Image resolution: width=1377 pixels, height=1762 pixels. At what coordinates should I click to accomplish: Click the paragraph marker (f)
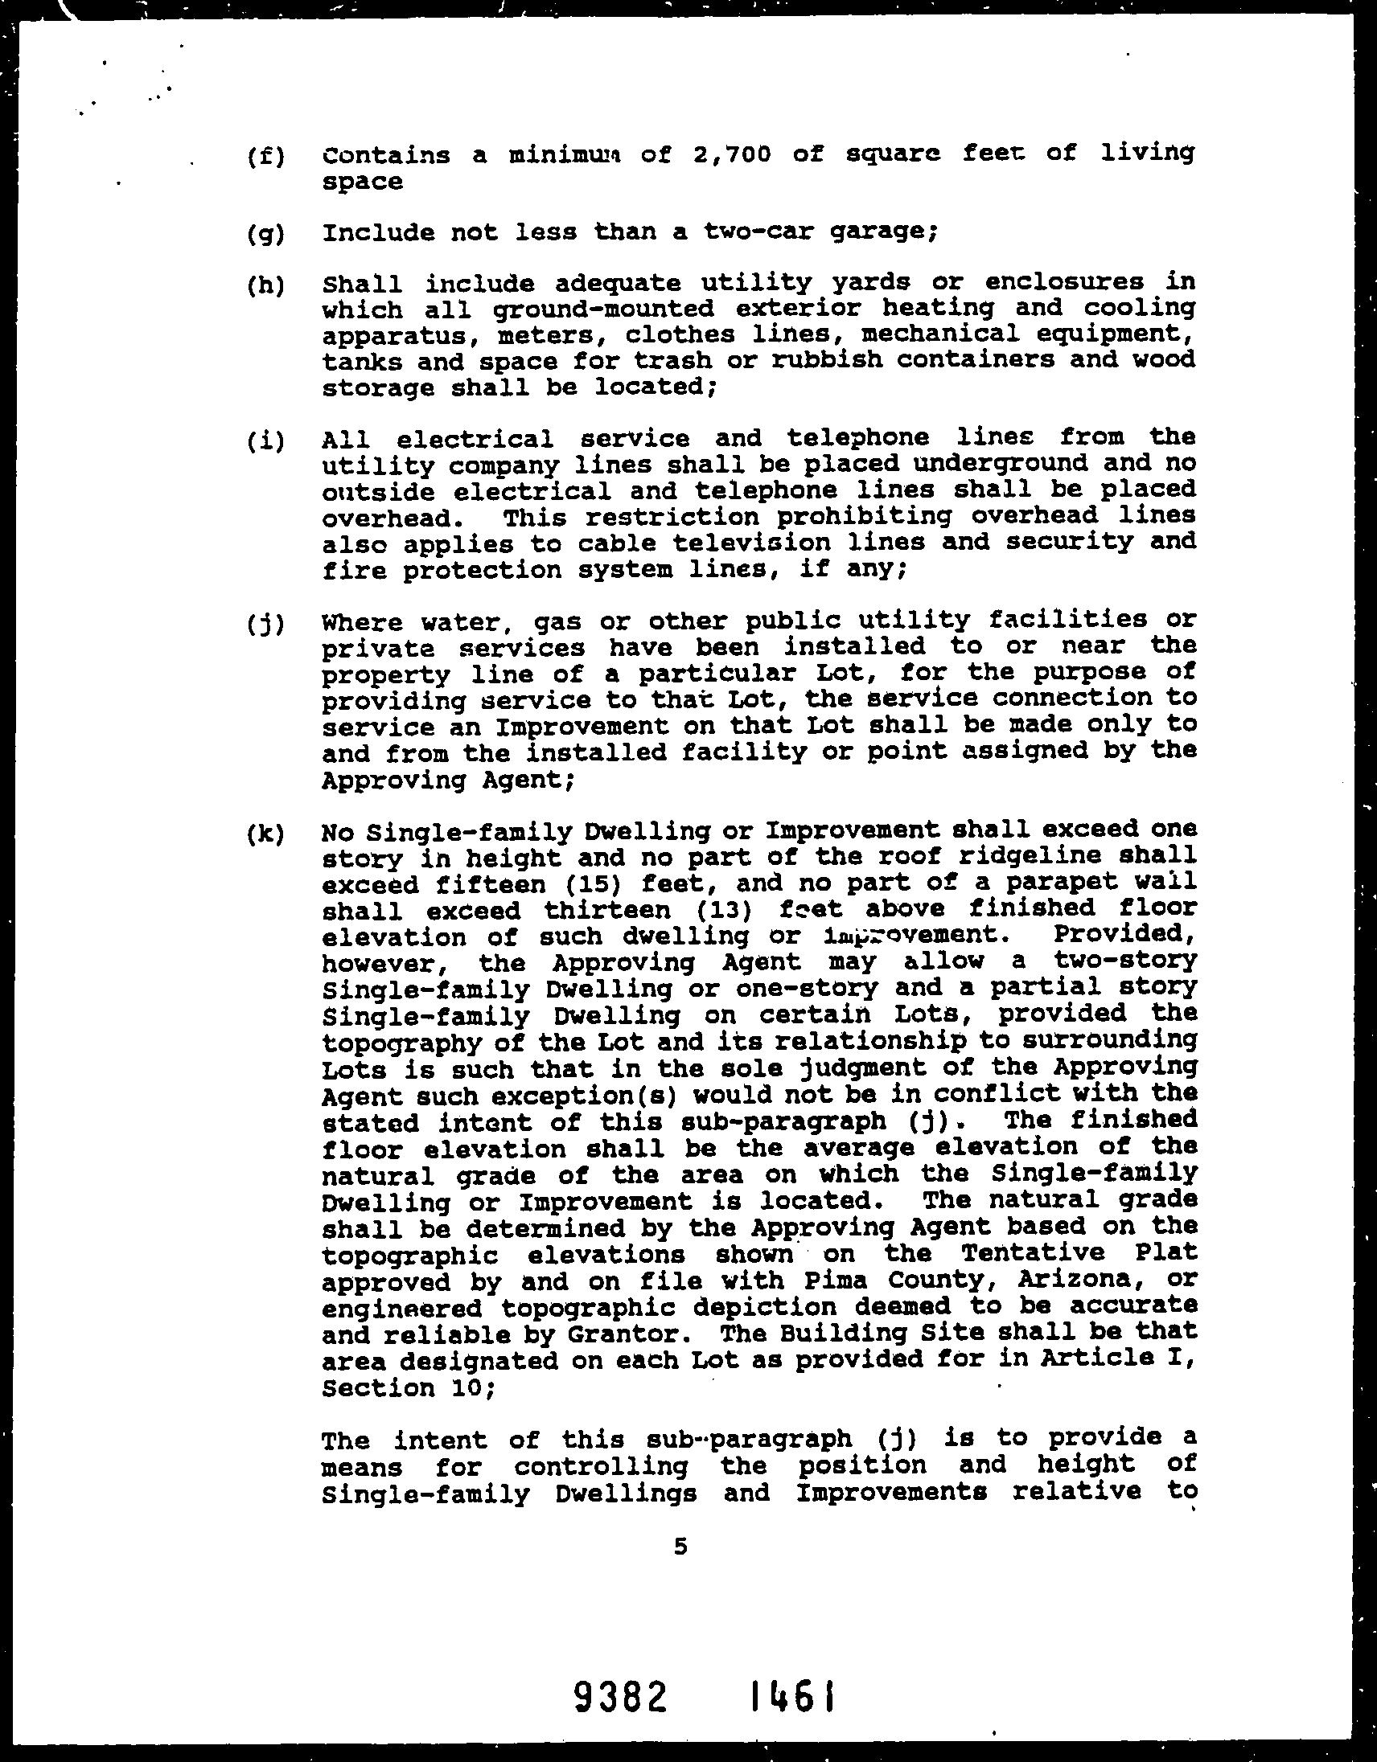(265, 157)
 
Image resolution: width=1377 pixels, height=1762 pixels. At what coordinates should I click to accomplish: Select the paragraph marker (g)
(265, 235)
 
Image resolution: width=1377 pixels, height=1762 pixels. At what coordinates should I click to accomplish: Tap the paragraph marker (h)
(265, 286)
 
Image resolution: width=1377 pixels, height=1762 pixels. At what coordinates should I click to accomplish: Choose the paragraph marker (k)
(265, 834)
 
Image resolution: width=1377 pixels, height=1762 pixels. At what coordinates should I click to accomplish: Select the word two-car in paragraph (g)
(754, 232)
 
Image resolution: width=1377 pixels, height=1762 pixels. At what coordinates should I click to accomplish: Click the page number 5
(680, 1547)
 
